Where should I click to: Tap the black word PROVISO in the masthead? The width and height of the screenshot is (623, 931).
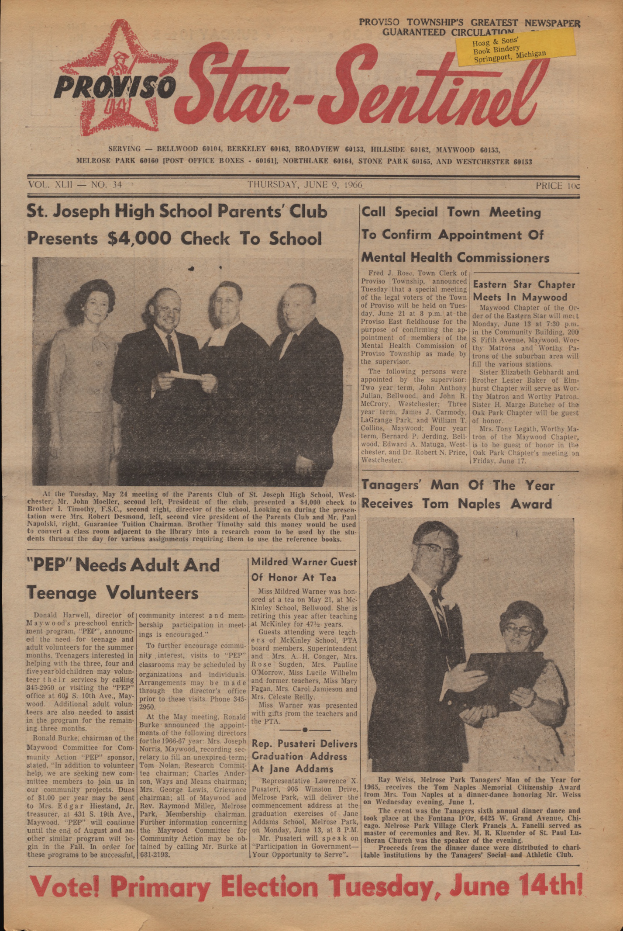point(115,87)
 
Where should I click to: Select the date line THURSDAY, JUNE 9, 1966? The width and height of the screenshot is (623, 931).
point(305,184)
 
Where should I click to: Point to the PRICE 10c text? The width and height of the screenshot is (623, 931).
point(558,186)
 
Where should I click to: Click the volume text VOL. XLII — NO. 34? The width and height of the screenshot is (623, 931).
point(75,184)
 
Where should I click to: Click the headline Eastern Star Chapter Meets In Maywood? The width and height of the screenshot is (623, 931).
point(524,291)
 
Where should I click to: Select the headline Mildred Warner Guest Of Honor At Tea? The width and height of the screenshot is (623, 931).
point(304,569)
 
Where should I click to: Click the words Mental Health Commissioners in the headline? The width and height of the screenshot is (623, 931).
point(454,257)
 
